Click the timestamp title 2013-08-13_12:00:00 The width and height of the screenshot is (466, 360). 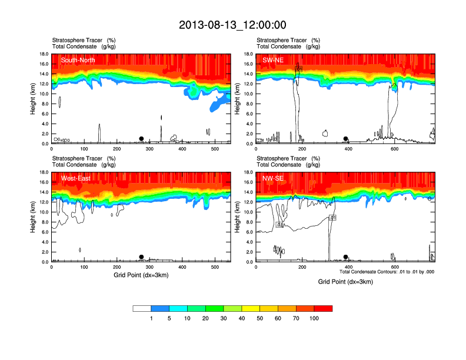point(232,25)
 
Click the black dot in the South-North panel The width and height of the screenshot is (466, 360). point(141,139)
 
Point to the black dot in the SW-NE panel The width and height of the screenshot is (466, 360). point(345,139)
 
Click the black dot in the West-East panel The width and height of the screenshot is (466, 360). point(141,257)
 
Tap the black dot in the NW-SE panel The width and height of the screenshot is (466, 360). point(345,257)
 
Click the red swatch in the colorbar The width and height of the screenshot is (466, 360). point(323,308)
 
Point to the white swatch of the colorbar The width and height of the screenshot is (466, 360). point(142,308)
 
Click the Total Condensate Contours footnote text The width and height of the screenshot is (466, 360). point(387,272)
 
